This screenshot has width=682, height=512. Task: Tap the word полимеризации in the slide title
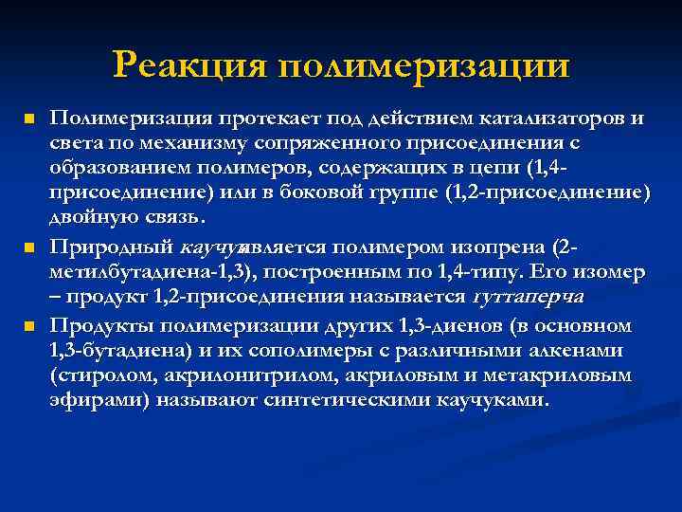tap(425, 67)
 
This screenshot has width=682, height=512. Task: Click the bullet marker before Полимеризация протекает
tap(28, 119)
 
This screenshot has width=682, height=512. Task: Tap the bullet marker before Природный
tap(28, 248)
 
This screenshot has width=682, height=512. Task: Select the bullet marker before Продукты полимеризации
tap(28, 326)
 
